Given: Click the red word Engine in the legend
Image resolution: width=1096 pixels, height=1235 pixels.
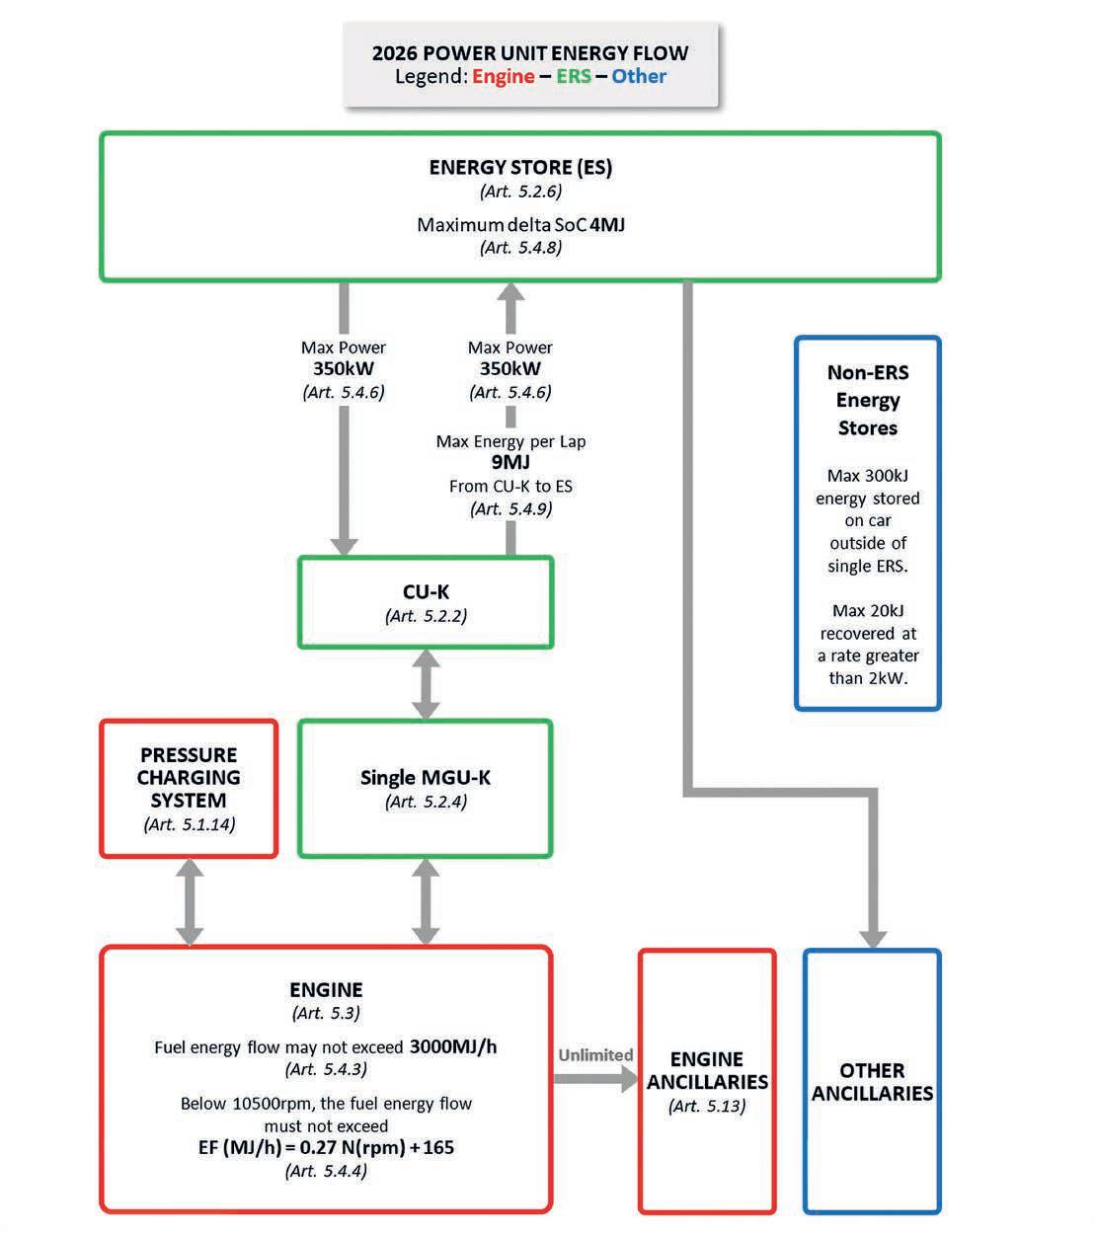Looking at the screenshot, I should [x=503, y=77].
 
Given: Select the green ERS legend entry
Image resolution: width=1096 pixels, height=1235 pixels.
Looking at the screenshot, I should [x=574, y=77].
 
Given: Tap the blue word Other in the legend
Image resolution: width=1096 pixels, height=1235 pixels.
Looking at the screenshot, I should [x=639, y=77].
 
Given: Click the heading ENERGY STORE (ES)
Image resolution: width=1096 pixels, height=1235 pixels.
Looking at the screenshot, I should [x=520, y=167].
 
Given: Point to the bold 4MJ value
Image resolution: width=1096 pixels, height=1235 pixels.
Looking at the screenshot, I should [x=607, y=224].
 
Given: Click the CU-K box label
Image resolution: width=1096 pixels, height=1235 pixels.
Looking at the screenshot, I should [x=426, y=591].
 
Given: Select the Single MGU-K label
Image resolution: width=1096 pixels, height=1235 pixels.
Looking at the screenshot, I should [x=426, y=777].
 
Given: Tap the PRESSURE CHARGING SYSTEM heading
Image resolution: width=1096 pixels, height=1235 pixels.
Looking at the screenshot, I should [x=189, y=777].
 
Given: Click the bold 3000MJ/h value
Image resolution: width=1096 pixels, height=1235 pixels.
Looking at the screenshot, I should [x=453, y=1046].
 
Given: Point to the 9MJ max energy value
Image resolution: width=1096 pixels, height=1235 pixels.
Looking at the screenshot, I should [x=510, y=462].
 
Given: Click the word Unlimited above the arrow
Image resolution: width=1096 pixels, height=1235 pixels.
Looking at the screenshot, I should [x=595, y=1054].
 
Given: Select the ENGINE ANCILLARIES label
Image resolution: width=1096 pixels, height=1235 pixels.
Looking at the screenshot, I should [x=707, y=1070].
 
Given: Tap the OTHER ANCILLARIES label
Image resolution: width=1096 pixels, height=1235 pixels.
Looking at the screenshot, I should [x=872, y=1082].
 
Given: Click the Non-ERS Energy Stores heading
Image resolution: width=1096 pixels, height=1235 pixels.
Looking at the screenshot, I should [x=868, y=400].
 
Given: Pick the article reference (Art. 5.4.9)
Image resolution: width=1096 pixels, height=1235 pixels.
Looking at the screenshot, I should [x=510, y=509].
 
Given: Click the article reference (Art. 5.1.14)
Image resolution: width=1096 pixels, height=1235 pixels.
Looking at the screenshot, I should [x=190, y=824].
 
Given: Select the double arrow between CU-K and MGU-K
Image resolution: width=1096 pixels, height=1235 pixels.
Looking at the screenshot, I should [x=426, y=683].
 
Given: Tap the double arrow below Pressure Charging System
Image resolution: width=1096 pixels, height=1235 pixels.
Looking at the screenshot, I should [x=190, y=902].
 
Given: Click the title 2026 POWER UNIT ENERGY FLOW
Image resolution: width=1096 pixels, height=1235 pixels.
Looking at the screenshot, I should [x=530, y=53].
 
